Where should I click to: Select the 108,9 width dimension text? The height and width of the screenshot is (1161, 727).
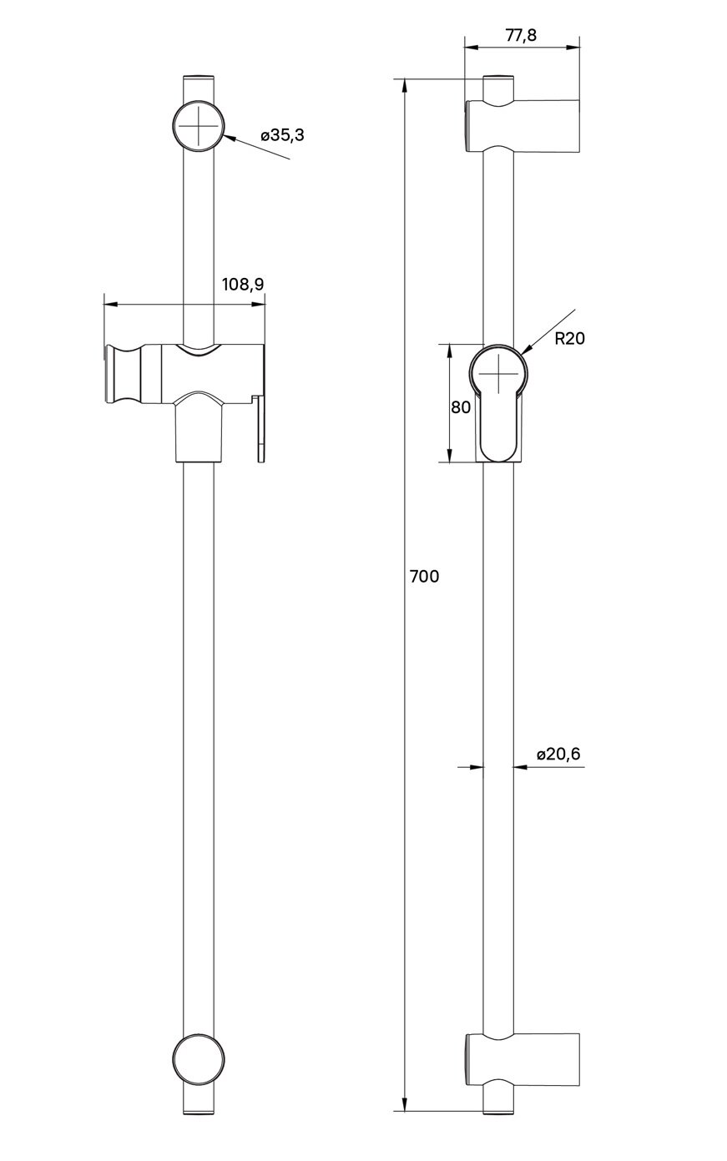coord(242,285)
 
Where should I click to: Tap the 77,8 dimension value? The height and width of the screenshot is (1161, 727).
coord(521,34)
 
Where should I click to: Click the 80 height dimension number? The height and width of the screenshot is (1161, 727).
coord(460,407)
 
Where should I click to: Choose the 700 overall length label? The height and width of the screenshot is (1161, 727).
coord(424,576)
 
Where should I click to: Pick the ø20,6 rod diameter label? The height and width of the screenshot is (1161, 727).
coord(558,755)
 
